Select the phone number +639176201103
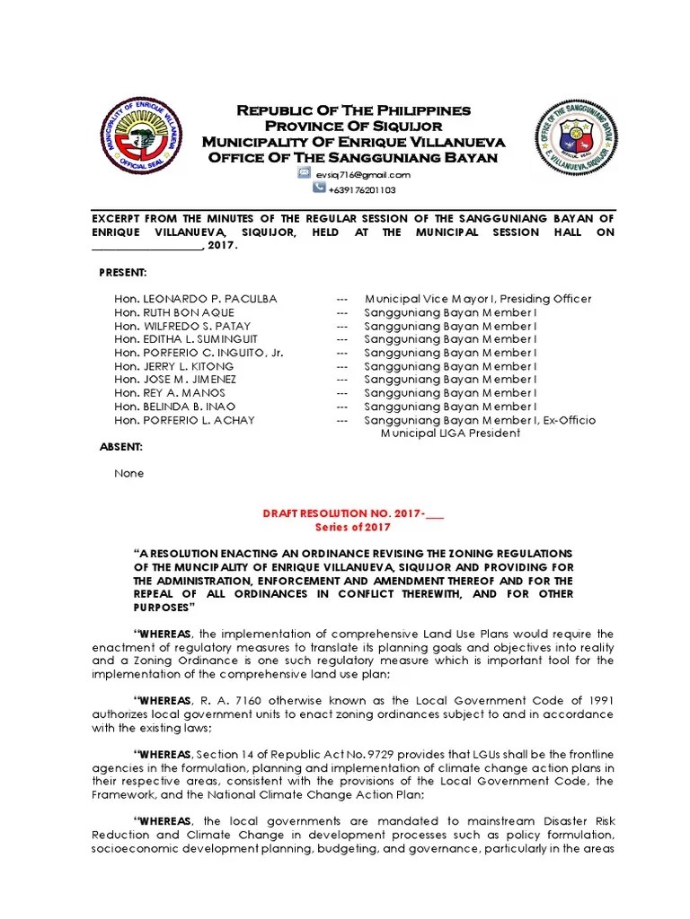[362, 190]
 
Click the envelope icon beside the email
[305, 174]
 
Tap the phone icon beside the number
[319, 189]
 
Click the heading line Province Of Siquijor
[353, 126]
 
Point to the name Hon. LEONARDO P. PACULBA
[195, 299]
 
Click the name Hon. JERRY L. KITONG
[175, 366]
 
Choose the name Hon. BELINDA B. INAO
[174, 407]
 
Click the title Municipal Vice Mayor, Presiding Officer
[477, 299]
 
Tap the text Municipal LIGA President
[450, 433]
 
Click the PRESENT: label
[122, 272]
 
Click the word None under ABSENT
[128, 473]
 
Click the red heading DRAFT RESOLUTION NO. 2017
[352, 514]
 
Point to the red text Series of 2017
[352, 528]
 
